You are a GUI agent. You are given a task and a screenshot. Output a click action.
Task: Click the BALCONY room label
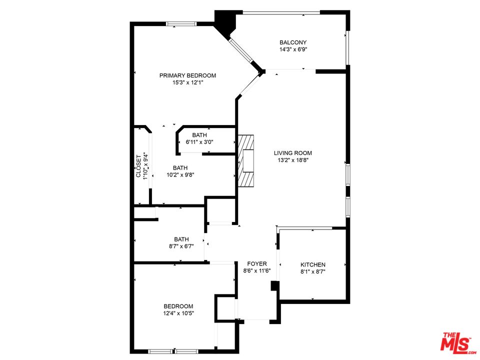[x=293, y=42]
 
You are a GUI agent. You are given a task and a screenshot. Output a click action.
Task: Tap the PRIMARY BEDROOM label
[x=187, y=75]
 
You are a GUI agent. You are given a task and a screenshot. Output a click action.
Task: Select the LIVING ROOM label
[x=293, y=153]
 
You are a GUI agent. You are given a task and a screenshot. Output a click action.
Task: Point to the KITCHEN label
[x=313, y=264]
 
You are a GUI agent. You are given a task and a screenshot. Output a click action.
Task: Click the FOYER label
[x=257, y=263]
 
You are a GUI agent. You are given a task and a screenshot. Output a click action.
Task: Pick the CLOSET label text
[x=138, y=166]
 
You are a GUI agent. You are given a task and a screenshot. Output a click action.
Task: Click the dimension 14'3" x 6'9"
[x=293, y=49]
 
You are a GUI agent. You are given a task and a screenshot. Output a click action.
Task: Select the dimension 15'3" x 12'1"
[x=187, y=82]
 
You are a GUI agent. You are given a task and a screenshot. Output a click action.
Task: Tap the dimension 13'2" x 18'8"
[x=293, y=160]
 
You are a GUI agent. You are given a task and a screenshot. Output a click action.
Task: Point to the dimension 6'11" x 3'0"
[x=199, y=141]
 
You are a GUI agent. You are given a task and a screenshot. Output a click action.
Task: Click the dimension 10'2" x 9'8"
[x=180, y=175]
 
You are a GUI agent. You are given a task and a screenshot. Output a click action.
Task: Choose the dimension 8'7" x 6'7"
[x=181, y=246]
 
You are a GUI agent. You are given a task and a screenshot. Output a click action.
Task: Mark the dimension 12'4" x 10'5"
[x=178, y=313]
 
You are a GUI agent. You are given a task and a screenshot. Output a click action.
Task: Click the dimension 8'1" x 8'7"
[x=313, y=271]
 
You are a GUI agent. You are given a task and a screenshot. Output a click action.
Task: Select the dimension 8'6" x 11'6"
[x=257, y=270]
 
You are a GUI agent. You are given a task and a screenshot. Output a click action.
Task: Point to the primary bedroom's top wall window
[x=181, y=24]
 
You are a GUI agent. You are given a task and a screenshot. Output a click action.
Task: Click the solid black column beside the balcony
[x=225, y=22]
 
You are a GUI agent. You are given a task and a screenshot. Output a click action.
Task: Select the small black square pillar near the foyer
[x=275, y=286]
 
